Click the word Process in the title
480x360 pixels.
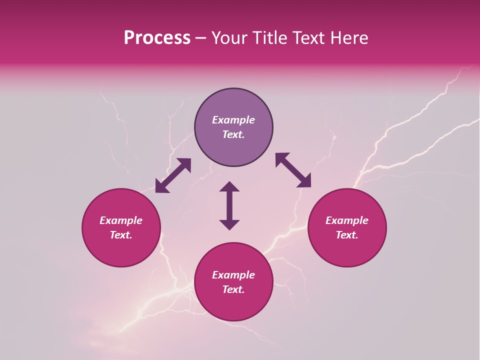tap(157, 38)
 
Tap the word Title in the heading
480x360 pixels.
tap(269, 38)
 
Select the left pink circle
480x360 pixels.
tap(121, 250)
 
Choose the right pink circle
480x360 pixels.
tap(347, 250)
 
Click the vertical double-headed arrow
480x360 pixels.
tap(229, 205)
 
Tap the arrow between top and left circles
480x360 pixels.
tap(173, 175)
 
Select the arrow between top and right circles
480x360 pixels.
tap(293, 170)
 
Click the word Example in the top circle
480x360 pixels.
tap(233, 120)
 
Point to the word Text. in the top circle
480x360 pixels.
tap(233, 134)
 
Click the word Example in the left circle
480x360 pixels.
tap(121, 220)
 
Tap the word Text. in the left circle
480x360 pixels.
tap(121, 235)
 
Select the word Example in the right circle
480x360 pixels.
tap(347, 220)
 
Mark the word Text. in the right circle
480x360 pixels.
tap(347, 235)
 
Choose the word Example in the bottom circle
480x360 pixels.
tap(233, 275)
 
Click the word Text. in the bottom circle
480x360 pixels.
tap(233, 289)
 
